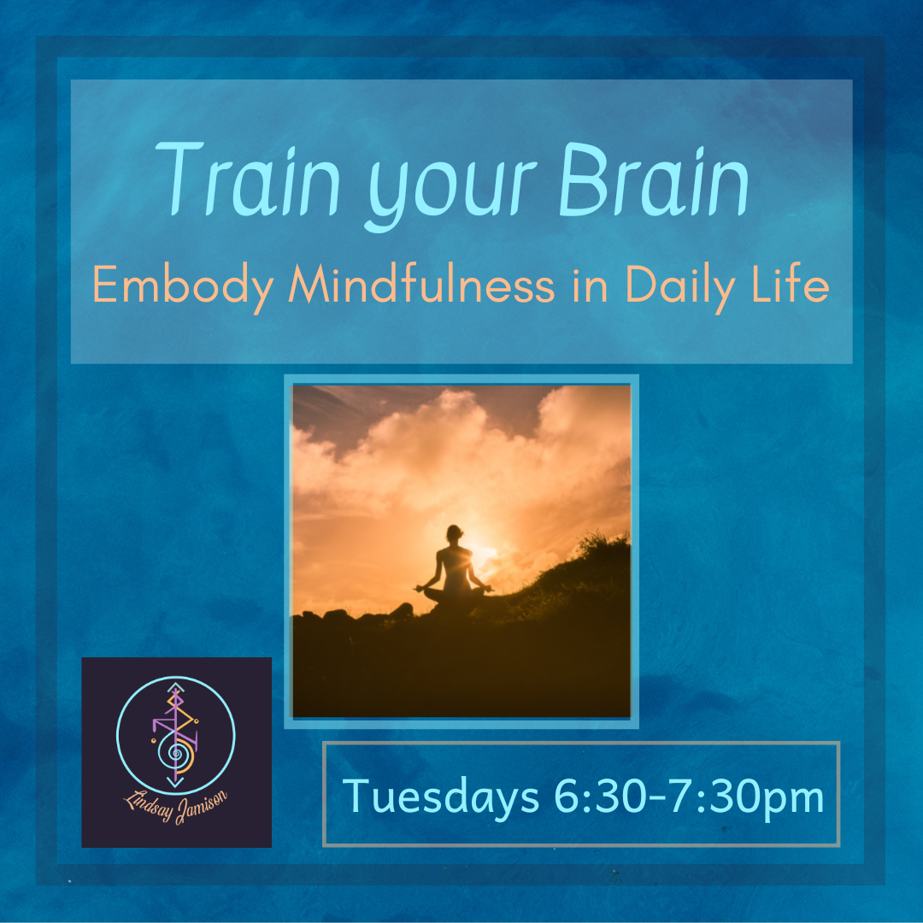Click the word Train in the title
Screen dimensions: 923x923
(248, 179)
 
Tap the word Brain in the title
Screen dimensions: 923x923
(654, 179)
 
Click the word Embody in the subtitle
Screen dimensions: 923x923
(183, 286)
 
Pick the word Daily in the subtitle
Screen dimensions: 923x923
(680, 287)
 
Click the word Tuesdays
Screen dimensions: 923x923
(441, 797)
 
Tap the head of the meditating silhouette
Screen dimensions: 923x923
(454, 533)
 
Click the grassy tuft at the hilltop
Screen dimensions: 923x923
(601, 544)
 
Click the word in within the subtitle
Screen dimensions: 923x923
(590, 285)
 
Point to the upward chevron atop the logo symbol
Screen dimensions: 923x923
(175, 686)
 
